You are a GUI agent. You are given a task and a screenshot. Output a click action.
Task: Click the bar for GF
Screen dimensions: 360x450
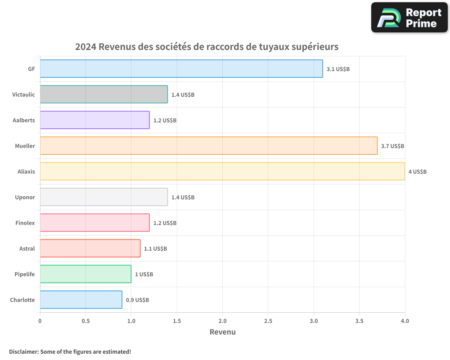pyautogui.click(x=181, y=69)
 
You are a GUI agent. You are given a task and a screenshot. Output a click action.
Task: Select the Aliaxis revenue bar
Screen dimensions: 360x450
pyautogui.click(x=222, y=171)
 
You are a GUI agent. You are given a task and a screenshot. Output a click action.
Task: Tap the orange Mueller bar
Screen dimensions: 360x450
pyautogui.click(x=209, y=146)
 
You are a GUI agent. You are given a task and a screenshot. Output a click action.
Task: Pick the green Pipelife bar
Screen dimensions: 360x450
pyautogui.click(x=85, y=274)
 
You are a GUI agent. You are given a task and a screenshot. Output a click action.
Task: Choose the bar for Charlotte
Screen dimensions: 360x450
pyautogui.click(x=81, y=300)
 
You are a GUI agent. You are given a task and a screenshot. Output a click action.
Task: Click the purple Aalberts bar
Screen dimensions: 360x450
pyautogui.click(x=94, y=120)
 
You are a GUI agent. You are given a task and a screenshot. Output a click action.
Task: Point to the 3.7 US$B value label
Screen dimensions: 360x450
pyautogui.click(x=392, y=146)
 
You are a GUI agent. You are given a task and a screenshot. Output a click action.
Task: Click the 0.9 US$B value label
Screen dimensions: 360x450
pyautogui.click(x=137, y=300)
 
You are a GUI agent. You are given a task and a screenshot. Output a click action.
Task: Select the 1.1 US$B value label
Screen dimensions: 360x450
pyautogui.click(x=155, y=249)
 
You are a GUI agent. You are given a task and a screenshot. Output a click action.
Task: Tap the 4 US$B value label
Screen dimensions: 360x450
pyautogui.click(x=417, y=172)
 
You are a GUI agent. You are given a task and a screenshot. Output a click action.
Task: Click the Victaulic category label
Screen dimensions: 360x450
pyautogui.click(x=23, y=94)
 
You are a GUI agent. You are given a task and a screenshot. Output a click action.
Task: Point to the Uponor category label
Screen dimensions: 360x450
pyautogui.click(x=25, y=197)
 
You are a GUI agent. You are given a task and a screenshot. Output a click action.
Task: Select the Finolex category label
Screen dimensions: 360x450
pyautogui.click(x=25, y=223)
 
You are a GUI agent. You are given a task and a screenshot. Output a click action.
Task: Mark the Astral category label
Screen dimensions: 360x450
pyautogui.click(x=27, y=248)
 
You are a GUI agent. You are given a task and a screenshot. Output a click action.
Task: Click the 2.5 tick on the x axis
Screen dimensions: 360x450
pyautogui.click(x=268, y=321)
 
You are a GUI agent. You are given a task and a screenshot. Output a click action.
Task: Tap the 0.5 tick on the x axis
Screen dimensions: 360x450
pyautogui.click(x=85, y=321)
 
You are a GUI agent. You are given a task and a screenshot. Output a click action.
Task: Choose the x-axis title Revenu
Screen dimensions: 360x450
pyautogui.click(x=222, y=332)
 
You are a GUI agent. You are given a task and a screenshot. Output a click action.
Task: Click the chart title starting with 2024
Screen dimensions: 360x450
pyautogui.click(x=207, y=47)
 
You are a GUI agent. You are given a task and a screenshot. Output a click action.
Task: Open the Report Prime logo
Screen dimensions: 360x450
pyautogui.click(x=409, y=18)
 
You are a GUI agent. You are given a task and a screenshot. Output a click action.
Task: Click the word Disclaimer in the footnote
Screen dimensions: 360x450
pyautogui.click(x=23, y=351)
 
